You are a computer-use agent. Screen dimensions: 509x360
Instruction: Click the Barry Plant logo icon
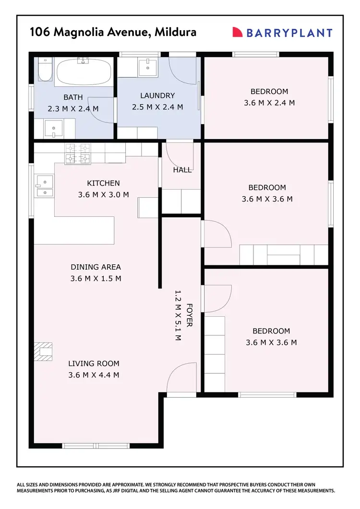(238, 32)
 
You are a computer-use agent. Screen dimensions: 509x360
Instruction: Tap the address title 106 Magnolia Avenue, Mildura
(113, 32)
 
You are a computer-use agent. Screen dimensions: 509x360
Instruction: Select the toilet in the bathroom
(44, 70)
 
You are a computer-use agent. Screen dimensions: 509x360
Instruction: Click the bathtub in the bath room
(84, 72)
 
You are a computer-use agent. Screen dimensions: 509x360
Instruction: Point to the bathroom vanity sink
(50, 128)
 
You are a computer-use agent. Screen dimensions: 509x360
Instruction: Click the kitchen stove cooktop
(77, 154)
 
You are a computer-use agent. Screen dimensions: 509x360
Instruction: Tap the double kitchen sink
(44, 186)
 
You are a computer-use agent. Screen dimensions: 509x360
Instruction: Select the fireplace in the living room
(44, 350)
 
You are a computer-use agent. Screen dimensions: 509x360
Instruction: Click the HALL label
(182, 170)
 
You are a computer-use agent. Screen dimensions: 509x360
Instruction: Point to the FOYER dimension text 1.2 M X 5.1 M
(178, 315)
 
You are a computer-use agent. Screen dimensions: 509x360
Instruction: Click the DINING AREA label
(96, 267)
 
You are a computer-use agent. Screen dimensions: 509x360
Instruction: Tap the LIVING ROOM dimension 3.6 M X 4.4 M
(94, 375)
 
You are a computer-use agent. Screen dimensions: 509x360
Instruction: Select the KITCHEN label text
(103, 183)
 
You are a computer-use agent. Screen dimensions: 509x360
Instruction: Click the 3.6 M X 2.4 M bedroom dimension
(269, 103)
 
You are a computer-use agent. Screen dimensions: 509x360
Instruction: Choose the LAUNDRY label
(157, 95)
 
